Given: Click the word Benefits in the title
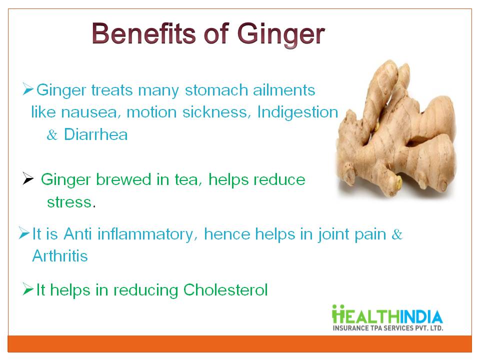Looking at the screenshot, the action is (x=143, y=33).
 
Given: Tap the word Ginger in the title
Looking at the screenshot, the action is (x=280, y=35).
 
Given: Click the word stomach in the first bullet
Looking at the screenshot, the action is (x=216, y=90).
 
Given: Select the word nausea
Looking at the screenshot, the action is (x=89, y=112).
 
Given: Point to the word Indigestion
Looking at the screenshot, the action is (x=297, y=112).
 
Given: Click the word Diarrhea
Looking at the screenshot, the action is (x=96, y=134).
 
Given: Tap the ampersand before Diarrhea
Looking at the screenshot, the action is (x=52, y=135).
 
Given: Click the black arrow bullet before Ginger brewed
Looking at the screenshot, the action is (x=28, y=178).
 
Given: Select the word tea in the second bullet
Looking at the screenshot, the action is (x=188, y=179).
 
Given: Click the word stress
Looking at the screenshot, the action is (x=69, y=202).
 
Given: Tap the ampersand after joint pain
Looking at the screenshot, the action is (x=397, y=234).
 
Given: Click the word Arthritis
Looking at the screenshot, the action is (x=60, y=256).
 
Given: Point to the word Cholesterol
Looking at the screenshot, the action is (x=225, y=289).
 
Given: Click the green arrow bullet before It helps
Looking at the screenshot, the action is (x=28, y=289).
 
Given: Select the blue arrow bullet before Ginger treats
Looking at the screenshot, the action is (x=28, y=89).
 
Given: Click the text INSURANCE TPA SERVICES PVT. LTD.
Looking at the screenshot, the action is (x=388, y=328).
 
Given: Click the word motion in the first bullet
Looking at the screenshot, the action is (x=152, y=112).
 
